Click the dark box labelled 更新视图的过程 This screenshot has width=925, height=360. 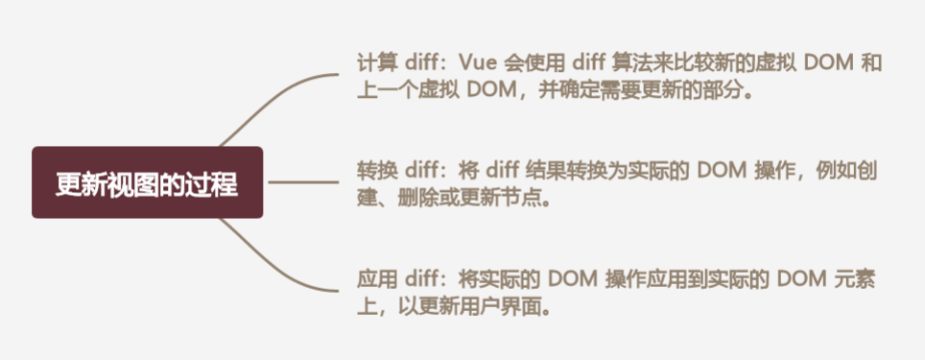pos(147,182)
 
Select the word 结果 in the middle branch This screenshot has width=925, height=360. pos(545,171)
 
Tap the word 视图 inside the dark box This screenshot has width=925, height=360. pos(124,183)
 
